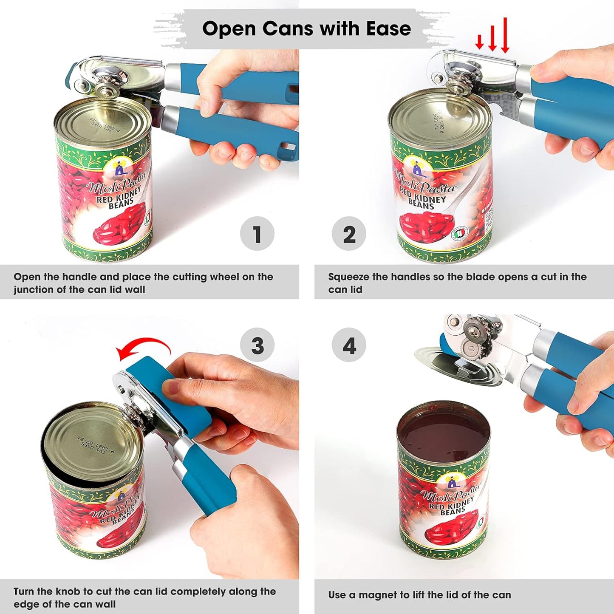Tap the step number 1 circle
pos(257,234)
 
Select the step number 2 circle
pos(349,234)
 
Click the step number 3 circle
pos(257,345)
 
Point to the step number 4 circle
pos(349,345)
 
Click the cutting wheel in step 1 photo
pos(103,89)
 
